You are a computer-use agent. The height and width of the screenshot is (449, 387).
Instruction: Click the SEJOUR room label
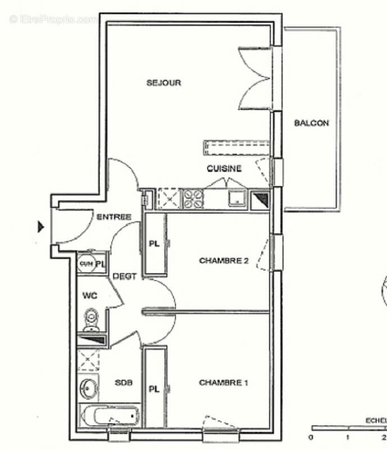click(163, 83)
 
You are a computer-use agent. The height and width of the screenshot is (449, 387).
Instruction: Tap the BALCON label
click(311, 123)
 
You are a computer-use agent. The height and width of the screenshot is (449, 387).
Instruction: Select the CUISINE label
click(224, 168)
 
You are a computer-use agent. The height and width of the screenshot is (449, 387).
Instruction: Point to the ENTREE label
click(114, 217)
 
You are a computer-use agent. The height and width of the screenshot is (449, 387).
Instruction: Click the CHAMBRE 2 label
click(224, 260)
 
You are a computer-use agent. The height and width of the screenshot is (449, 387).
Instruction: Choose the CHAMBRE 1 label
click(224, 383)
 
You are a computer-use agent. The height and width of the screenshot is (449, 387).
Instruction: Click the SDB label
click(124, 383)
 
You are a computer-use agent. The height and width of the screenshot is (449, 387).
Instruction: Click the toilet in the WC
click(91, 319)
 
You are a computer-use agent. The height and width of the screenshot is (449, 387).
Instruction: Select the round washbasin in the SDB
click(88, 387)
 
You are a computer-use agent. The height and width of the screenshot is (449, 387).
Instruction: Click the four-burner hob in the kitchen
click(193, 199)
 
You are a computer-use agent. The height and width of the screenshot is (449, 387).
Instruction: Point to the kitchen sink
click(237, 199)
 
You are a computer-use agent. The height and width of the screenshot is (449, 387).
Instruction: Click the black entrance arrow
click(40, 227)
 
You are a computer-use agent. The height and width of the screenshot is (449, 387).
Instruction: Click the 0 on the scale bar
click(312, 437)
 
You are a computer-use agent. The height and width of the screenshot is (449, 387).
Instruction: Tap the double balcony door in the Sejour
click(256, 79)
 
